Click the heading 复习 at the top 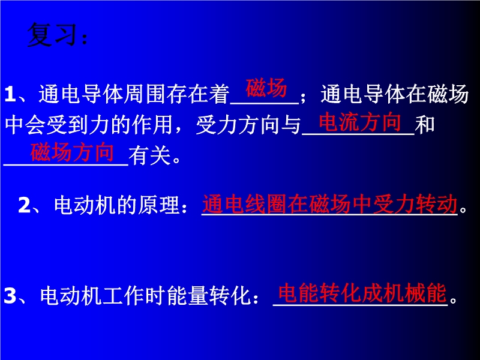click(52, 35)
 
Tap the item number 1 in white click(10, 94)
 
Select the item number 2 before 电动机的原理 click(24, 205)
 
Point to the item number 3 click(10, 296)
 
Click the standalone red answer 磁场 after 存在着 click(266, 88)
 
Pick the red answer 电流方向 click(359, 122)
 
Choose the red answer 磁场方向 click(72, 152)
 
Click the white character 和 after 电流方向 click(425, 125)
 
